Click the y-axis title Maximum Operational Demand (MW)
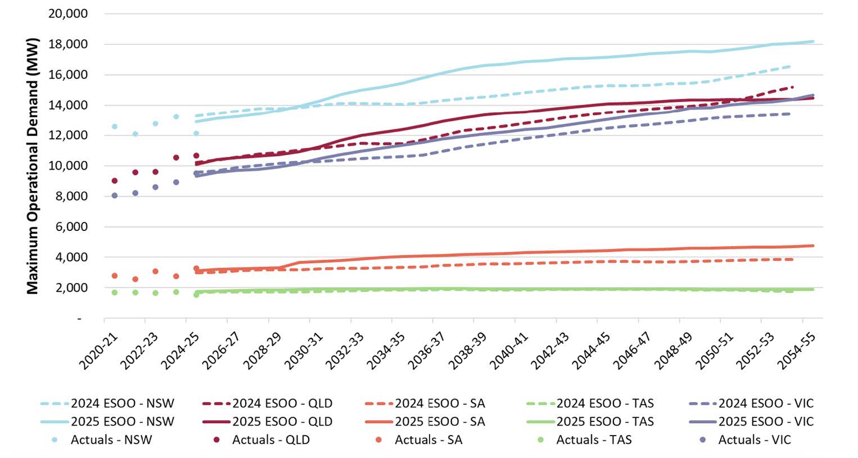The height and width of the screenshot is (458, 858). point(33,166)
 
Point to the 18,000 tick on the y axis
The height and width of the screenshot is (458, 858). point(68,44)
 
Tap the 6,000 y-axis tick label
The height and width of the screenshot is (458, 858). point(71,226)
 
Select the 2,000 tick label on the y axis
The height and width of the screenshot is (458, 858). point(71,287)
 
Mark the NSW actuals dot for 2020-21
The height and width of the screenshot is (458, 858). point(115,126)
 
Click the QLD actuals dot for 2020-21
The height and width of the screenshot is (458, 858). point(115,181)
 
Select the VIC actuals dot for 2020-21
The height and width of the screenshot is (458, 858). point(115,196)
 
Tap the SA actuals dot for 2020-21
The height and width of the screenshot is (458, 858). point(115,276)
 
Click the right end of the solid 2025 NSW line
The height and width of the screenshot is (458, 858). point(813,41)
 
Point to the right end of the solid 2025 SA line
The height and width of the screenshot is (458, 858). point(813,246)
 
